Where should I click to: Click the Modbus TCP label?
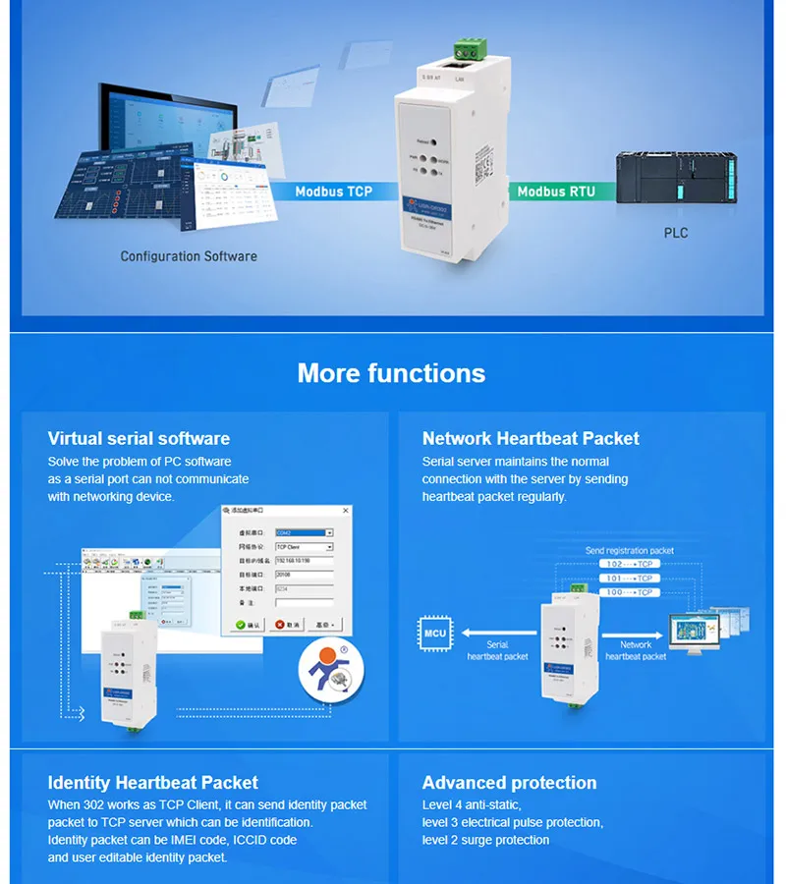(x=334, y=192)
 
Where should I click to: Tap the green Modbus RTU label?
(x=556, y=192)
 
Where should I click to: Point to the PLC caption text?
(x=676, y=233)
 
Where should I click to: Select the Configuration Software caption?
(x=189, y=256)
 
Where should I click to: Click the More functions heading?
(x=391, y=373)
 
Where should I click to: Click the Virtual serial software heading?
(x=139, y=438)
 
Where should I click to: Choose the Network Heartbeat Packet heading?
(x=531, y=438)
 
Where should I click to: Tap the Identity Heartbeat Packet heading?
(x=153, y=783)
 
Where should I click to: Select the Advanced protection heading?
(x=509, y=783)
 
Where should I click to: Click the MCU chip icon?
(x=434, y=633)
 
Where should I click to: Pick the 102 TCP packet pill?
(x=628, y=565)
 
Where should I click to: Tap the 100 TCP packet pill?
(x=628, y=592)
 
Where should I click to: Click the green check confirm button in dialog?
(x=247, y=624)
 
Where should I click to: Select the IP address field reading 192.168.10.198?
(x=305, y=561)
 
